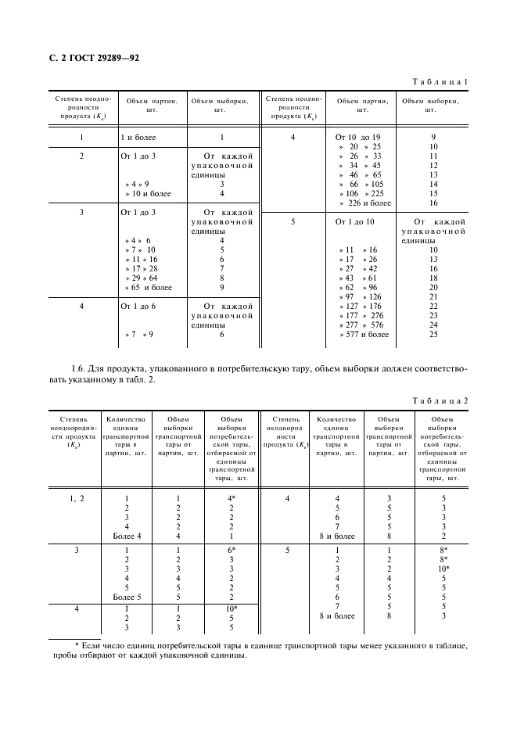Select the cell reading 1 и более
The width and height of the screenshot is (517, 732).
point(138,137)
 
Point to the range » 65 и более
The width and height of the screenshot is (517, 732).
point(149,287)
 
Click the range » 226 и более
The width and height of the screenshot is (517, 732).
point(364,203)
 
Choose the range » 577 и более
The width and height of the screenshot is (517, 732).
point(364,335)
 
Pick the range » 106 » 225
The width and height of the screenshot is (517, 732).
point(364,193)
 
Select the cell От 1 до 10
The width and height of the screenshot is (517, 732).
point(354,222)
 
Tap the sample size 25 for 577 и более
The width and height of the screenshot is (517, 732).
point(433,335)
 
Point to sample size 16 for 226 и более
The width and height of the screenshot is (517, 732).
point(433,203)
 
